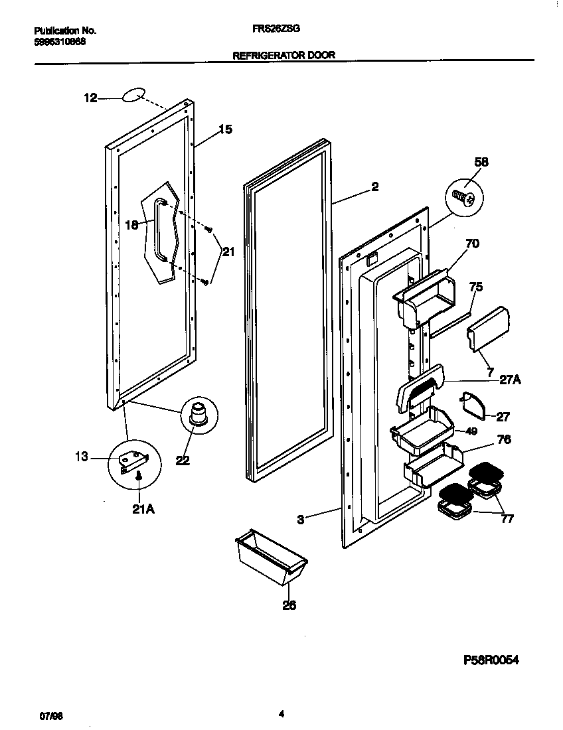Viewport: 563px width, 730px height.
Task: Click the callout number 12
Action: pyautogui.click(x=90, y=98)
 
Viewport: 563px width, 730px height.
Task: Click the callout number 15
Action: pyautogui.click(x=226, y=129)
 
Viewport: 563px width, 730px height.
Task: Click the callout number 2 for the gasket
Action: pyautogui.click(x=375, y=187)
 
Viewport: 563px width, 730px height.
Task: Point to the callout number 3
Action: pyautogui.click(x=301, y=520)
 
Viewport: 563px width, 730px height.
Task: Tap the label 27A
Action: pyautogui.click(x=510, y=381)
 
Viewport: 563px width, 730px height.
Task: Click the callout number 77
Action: pyautogui.click(x=507, y=519)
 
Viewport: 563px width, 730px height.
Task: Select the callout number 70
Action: pyautogui.click(x=471, y=244)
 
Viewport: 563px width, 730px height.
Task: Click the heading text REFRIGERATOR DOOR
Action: pyautogui.click(x=283, y=56)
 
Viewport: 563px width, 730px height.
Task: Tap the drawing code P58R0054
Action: pyautogui.click(x=490, y=660)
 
